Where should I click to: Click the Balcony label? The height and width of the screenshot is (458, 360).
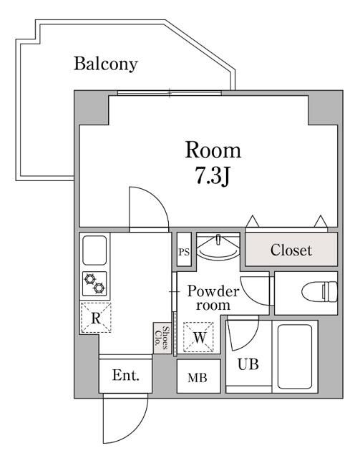[x=105, y=64]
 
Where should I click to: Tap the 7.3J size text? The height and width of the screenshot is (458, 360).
[x=213, y=176]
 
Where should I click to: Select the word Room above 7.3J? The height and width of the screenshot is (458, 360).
[x=213, y=150]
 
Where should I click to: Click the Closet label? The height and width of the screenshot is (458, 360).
[x=291, y=250]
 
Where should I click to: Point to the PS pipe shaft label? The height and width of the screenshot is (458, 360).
[x=184, y=252]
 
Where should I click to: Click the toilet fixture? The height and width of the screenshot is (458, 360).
[x=319, y=291]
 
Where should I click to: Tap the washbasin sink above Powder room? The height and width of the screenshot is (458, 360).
[x=218, y=247]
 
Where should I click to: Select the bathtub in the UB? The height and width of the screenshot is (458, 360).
[x=295, y=356]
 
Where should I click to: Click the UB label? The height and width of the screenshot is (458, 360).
[x=248, y=364]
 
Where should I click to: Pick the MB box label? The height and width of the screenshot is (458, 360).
[x=198, y=378]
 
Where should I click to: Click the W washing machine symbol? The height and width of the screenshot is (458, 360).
[x=198, y=337]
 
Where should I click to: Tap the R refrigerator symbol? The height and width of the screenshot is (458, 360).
[x=96, y=318]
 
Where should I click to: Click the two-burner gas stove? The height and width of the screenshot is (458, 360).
[x=94, y=283]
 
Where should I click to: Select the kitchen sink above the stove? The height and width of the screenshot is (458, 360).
[x=94, y=250]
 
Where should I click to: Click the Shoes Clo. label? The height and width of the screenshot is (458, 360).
[x=162, y=338]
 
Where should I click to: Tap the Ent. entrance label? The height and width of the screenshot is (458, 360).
[x=126, y=375]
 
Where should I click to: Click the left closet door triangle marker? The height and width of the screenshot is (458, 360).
[x=252, y=221]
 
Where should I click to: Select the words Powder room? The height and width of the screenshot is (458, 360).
[x=213, y=298]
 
